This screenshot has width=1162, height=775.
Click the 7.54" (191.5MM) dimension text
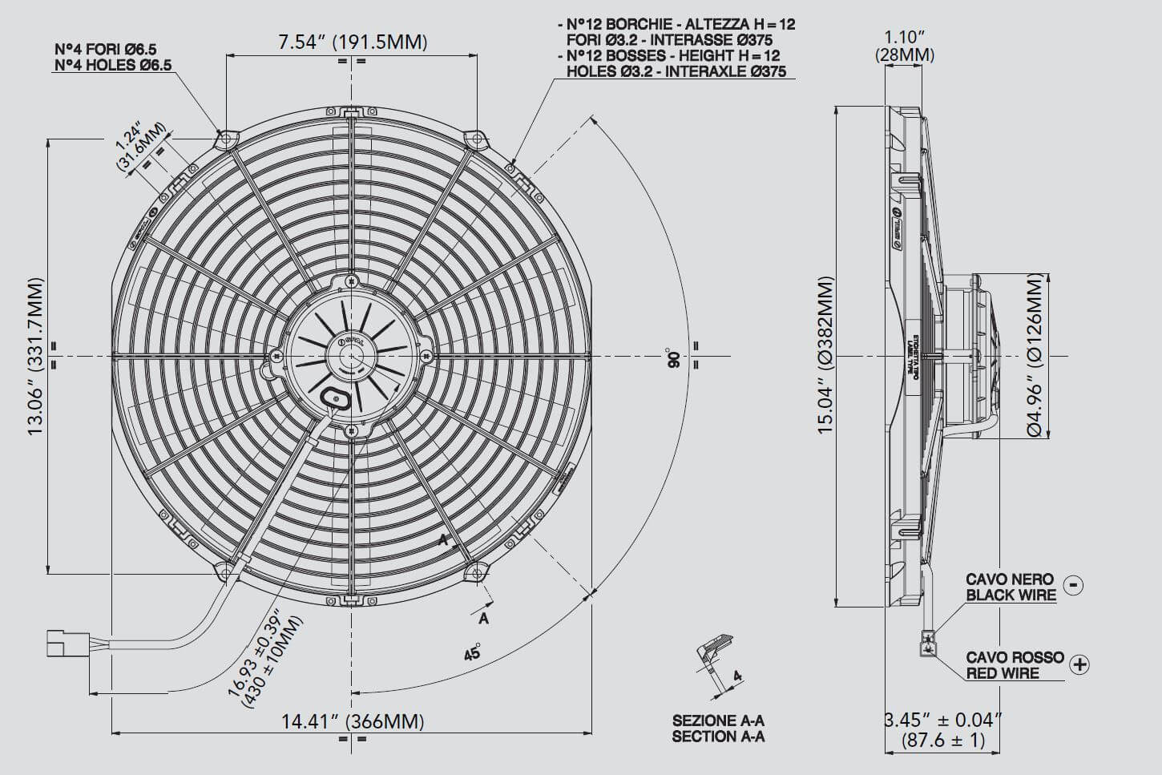[x=352, y=42]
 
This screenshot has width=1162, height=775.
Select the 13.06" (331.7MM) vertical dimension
[x=36, y=357]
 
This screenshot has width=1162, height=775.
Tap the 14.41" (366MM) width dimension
[x=352, y=721]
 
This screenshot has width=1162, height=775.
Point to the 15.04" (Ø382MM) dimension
[x=825, y=356]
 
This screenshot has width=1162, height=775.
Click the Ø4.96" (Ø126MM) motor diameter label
[x=1035, y=356]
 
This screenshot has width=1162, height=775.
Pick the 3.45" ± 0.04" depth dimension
[x=943, y=729]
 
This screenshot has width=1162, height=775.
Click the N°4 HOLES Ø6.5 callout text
[x=113, y=65]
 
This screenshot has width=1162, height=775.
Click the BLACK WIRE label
[x=1011, y=595]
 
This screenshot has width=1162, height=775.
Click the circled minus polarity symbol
[x=1074, y=585]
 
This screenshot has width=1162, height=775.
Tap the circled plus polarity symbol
[x=1080, y=664]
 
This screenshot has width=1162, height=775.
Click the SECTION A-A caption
[x=718, y=736]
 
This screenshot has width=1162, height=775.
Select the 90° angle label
[x=672, y=357]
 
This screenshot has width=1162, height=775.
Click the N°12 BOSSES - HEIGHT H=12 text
[x=673, y=55]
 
